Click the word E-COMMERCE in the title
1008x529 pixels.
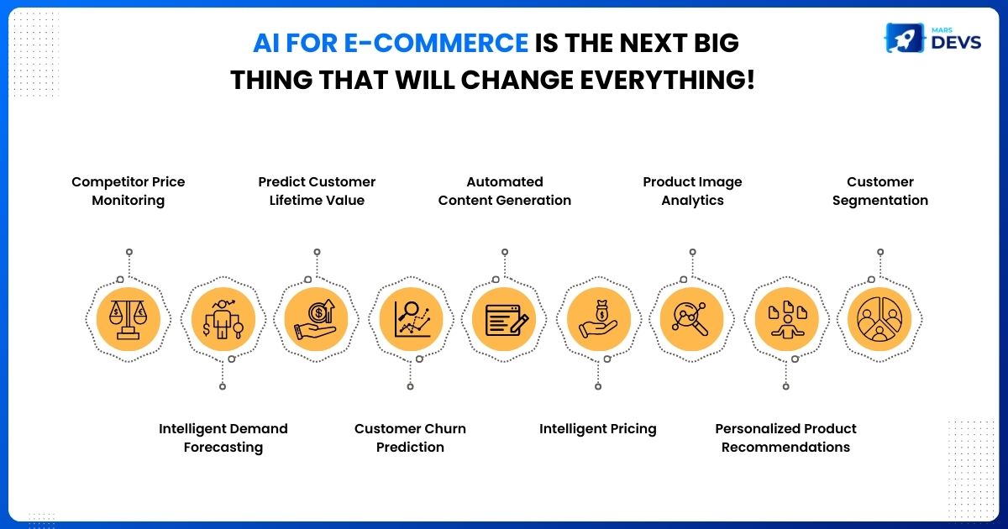point(436,43)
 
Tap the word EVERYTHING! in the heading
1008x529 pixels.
point(667,80)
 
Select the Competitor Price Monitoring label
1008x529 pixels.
point(129,191)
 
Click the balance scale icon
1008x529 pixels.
point(129,319)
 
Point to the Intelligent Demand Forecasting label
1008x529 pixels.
point(223,437)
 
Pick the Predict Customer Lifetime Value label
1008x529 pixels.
point(317,191)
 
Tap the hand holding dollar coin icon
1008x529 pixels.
point(316,319)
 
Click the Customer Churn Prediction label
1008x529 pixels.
point(410,437)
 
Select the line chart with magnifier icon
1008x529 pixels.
point(412,319)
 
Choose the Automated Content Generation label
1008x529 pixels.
point(505,191)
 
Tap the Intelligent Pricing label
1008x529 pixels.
point(597,429)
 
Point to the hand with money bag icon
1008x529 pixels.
point(598,319)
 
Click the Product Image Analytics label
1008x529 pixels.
point(692,191)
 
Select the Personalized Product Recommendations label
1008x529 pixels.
point(785,437)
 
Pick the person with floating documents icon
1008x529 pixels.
point(787,319)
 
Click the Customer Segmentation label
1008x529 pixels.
point(880,191)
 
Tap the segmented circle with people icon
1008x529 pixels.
point(879,319)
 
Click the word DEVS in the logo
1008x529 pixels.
point(956,42)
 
